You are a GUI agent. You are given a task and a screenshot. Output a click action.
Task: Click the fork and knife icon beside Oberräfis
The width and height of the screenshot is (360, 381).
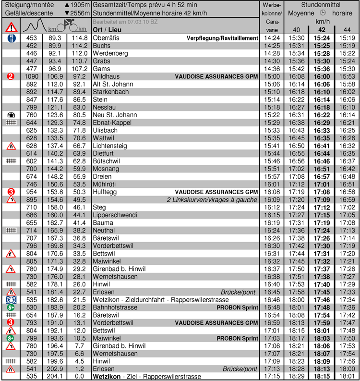click(x=11, y=38)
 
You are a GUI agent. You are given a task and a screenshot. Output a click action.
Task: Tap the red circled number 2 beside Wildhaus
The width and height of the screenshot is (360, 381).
click(x=11, y=76)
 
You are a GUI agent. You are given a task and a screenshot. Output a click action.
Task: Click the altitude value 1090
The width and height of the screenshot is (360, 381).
click(x=32, y=76)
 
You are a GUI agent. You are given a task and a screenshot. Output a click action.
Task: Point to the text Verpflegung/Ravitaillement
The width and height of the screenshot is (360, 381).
click(x=222, y=38)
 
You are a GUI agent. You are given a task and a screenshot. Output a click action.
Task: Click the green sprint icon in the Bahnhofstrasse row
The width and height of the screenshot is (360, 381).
click(x=11, y=307)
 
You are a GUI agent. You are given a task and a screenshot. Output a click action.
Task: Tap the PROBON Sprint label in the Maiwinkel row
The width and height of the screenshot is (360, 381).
click(x=238, y=338)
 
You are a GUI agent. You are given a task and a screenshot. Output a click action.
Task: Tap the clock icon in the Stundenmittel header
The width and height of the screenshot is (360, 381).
click(x=323, y=13)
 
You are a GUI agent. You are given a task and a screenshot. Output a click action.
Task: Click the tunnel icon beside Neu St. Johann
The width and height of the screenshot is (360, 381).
click(x=11, y=115)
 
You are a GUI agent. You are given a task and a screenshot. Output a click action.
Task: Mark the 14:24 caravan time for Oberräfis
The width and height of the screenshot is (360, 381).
click(x=272, y=38)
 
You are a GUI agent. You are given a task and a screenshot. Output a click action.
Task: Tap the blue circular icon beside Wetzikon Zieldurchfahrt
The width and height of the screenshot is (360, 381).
click(x=11, y=299)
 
